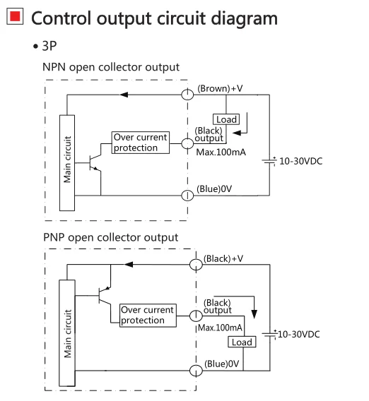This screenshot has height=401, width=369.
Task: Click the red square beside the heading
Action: point(15,16)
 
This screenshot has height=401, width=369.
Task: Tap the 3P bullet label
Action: point(45,46)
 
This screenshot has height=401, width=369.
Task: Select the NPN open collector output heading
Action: point(111,67)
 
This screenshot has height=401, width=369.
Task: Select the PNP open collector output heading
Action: point(110,237)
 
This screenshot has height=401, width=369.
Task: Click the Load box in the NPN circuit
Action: point(226,119)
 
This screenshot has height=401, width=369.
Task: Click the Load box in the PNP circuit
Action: point(242,342)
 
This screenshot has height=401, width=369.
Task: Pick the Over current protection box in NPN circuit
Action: point(141,143)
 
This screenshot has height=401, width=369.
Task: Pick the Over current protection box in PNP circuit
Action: point(148,316)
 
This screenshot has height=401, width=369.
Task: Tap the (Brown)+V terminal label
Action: point(220,88)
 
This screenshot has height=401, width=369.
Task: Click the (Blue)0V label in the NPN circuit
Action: point(214,189)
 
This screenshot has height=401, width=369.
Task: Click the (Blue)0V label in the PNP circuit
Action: point(221,364)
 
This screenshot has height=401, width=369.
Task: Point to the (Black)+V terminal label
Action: point(223,258)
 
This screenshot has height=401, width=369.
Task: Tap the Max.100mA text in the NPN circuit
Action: point(221,152)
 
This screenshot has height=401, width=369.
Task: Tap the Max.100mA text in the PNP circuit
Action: point(221,328)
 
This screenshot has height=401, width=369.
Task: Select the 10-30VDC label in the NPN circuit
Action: point(301,161)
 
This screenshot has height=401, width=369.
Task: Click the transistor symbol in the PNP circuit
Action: point(105,295)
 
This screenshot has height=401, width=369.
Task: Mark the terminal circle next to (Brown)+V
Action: point(187,95)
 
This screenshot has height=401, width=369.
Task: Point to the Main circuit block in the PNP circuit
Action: point(67,333)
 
